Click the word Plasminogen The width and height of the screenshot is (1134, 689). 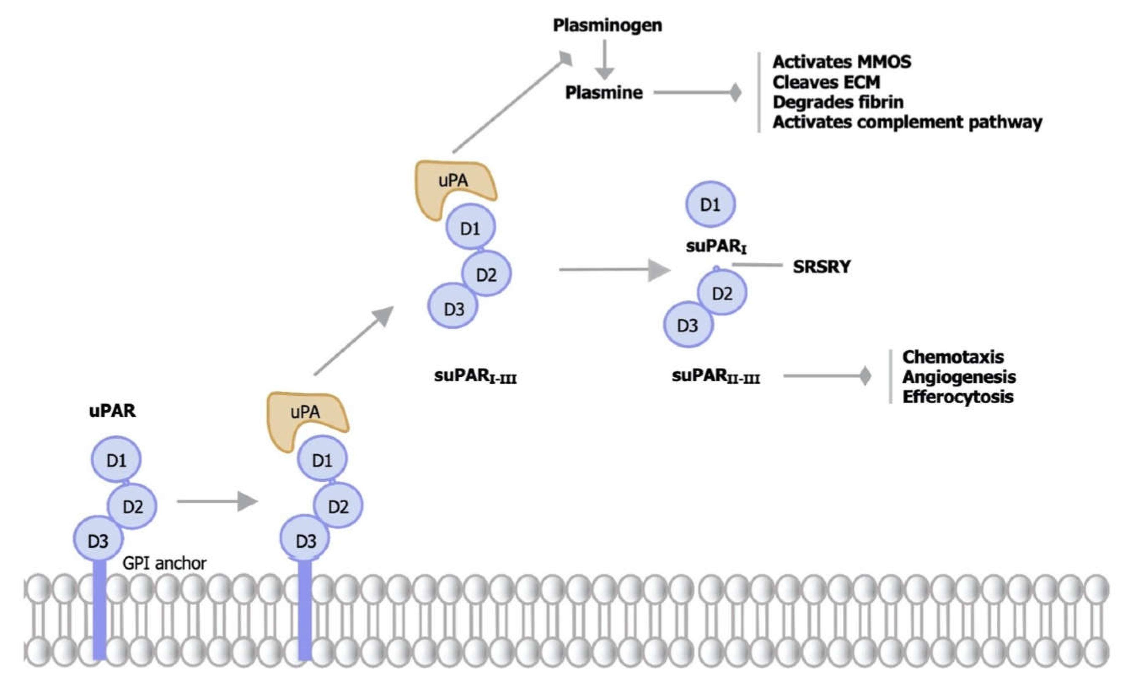(x=607, y=26)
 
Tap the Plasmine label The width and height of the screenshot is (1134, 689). (x=604, y=93)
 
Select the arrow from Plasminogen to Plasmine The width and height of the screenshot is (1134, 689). (x=605, y=59)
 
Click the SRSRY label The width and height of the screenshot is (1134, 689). (x=822, y=267)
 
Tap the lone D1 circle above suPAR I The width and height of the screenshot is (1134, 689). (x=711, y=204)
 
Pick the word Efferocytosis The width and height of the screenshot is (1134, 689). (x=958, y=397)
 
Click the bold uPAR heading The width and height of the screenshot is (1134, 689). (x=112, y=411)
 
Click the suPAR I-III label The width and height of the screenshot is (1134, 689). (x=475, y=377)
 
